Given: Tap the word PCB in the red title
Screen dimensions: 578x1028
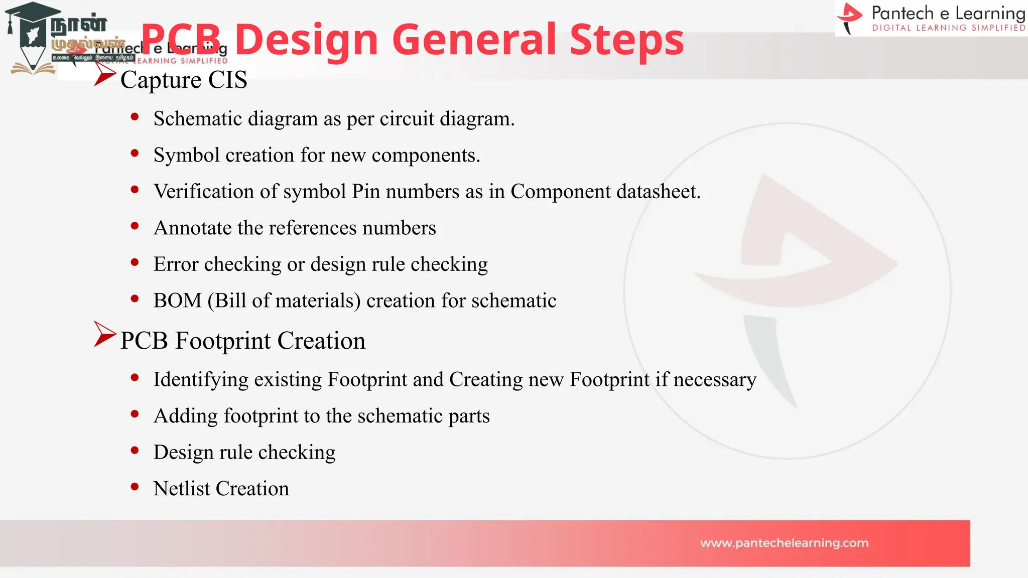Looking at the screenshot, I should point(181,40).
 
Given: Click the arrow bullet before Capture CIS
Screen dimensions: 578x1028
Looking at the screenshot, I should point(104,75).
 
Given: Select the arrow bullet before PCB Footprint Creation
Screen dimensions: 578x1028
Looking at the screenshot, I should point(104,334).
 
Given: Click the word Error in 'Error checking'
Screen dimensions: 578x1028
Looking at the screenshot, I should point(176,264).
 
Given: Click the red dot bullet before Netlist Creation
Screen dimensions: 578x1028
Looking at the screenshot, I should point(135,487).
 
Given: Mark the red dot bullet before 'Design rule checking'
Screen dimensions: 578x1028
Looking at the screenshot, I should point(135,451).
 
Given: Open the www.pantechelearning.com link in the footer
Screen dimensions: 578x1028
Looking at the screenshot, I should point(784,543).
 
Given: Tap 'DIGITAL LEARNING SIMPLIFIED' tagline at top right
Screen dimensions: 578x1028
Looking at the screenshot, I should point(948,28).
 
